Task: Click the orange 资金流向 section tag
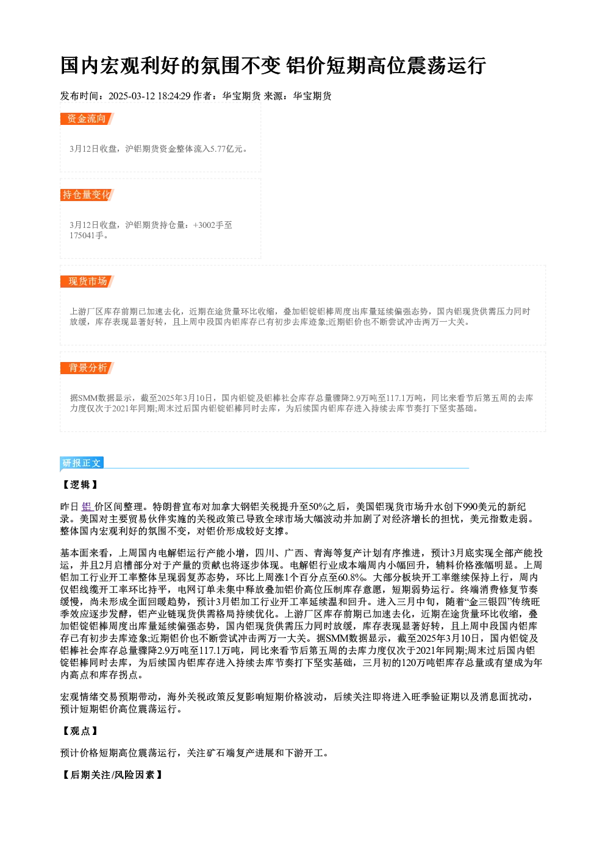pos(87,119)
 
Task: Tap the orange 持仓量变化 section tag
pos(87,195)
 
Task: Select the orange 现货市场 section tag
pos(87,282)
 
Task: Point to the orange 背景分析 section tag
pos(87,368)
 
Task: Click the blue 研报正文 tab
pos(82,463)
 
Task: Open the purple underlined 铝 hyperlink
pos(87,507)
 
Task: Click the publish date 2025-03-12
pos(132,96)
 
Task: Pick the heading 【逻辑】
pos(81,484)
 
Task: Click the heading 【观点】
pos(81,731)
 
